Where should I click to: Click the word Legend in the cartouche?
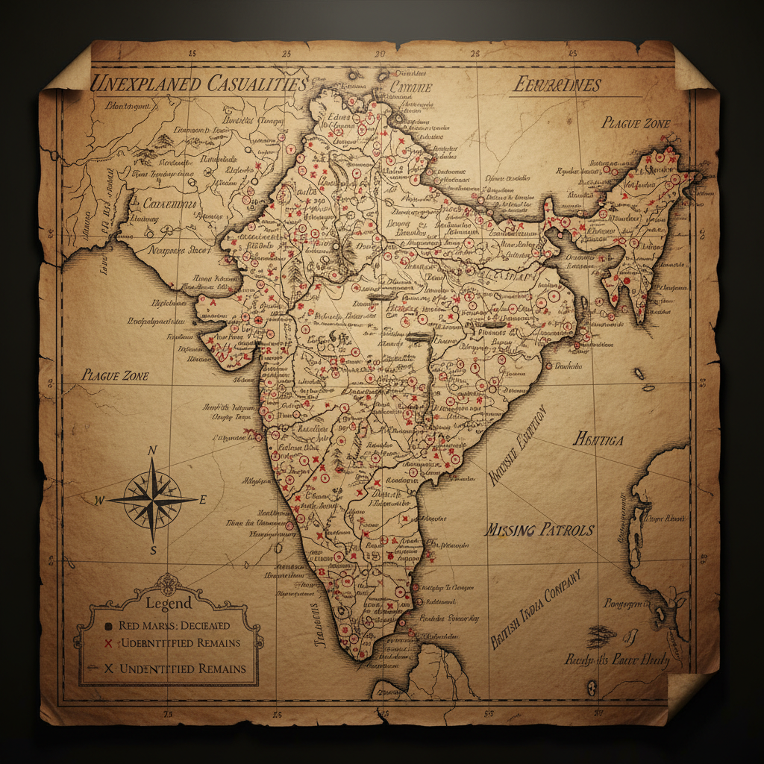pos(169,603)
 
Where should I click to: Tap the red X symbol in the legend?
pos(108,643)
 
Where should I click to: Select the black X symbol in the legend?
pos(108,668)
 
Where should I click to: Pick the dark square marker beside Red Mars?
pos(108,625)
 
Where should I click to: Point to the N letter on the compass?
pos(152,450)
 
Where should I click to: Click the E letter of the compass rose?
pos(202,500)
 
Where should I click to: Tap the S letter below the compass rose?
pos(152,551)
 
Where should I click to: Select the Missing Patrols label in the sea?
pos(539,530)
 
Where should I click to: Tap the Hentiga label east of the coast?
pos(598,439)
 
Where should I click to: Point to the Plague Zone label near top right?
pos(636,123)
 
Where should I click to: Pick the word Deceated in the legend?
pos(202,625)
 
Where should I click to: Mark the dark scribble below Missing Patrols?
pos(601,636)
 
